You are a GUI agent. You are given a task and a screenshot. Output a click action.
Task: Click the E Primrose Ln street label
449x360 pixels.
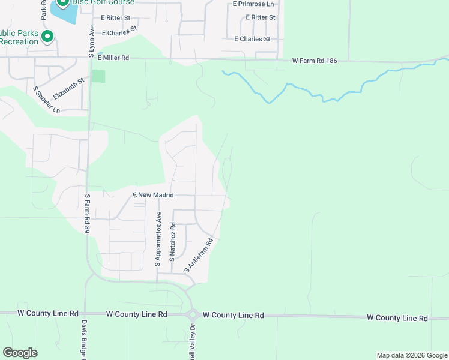pos(253,4)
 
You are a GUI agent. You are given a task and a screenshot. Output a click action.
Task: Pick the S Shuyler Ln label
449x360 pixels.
pos(47,100)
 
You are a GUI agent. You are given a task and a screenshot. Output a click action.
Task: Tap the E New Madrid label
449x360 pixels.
pos(153,196)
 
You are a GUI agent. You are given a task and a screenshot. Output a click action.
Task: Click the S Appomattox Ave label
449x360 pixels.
pos(158,239)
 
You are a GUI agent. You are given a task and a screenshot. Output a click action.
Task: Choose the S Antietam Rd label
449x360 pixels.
pos(199,256)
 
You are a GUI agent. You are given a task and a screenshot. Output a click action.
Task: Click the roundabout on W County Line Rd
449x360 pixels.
pos(193,315)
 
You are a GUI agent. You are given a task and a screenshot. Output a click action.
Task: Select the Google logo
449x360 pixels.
pos(20,353)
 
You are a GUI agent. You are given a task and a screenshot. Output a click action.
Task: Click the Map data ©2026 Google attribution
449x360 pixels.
pos(412,355)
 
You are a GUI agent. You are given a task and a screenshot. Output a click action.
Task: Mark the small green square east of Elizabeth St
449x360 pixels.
pos(98,76)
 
